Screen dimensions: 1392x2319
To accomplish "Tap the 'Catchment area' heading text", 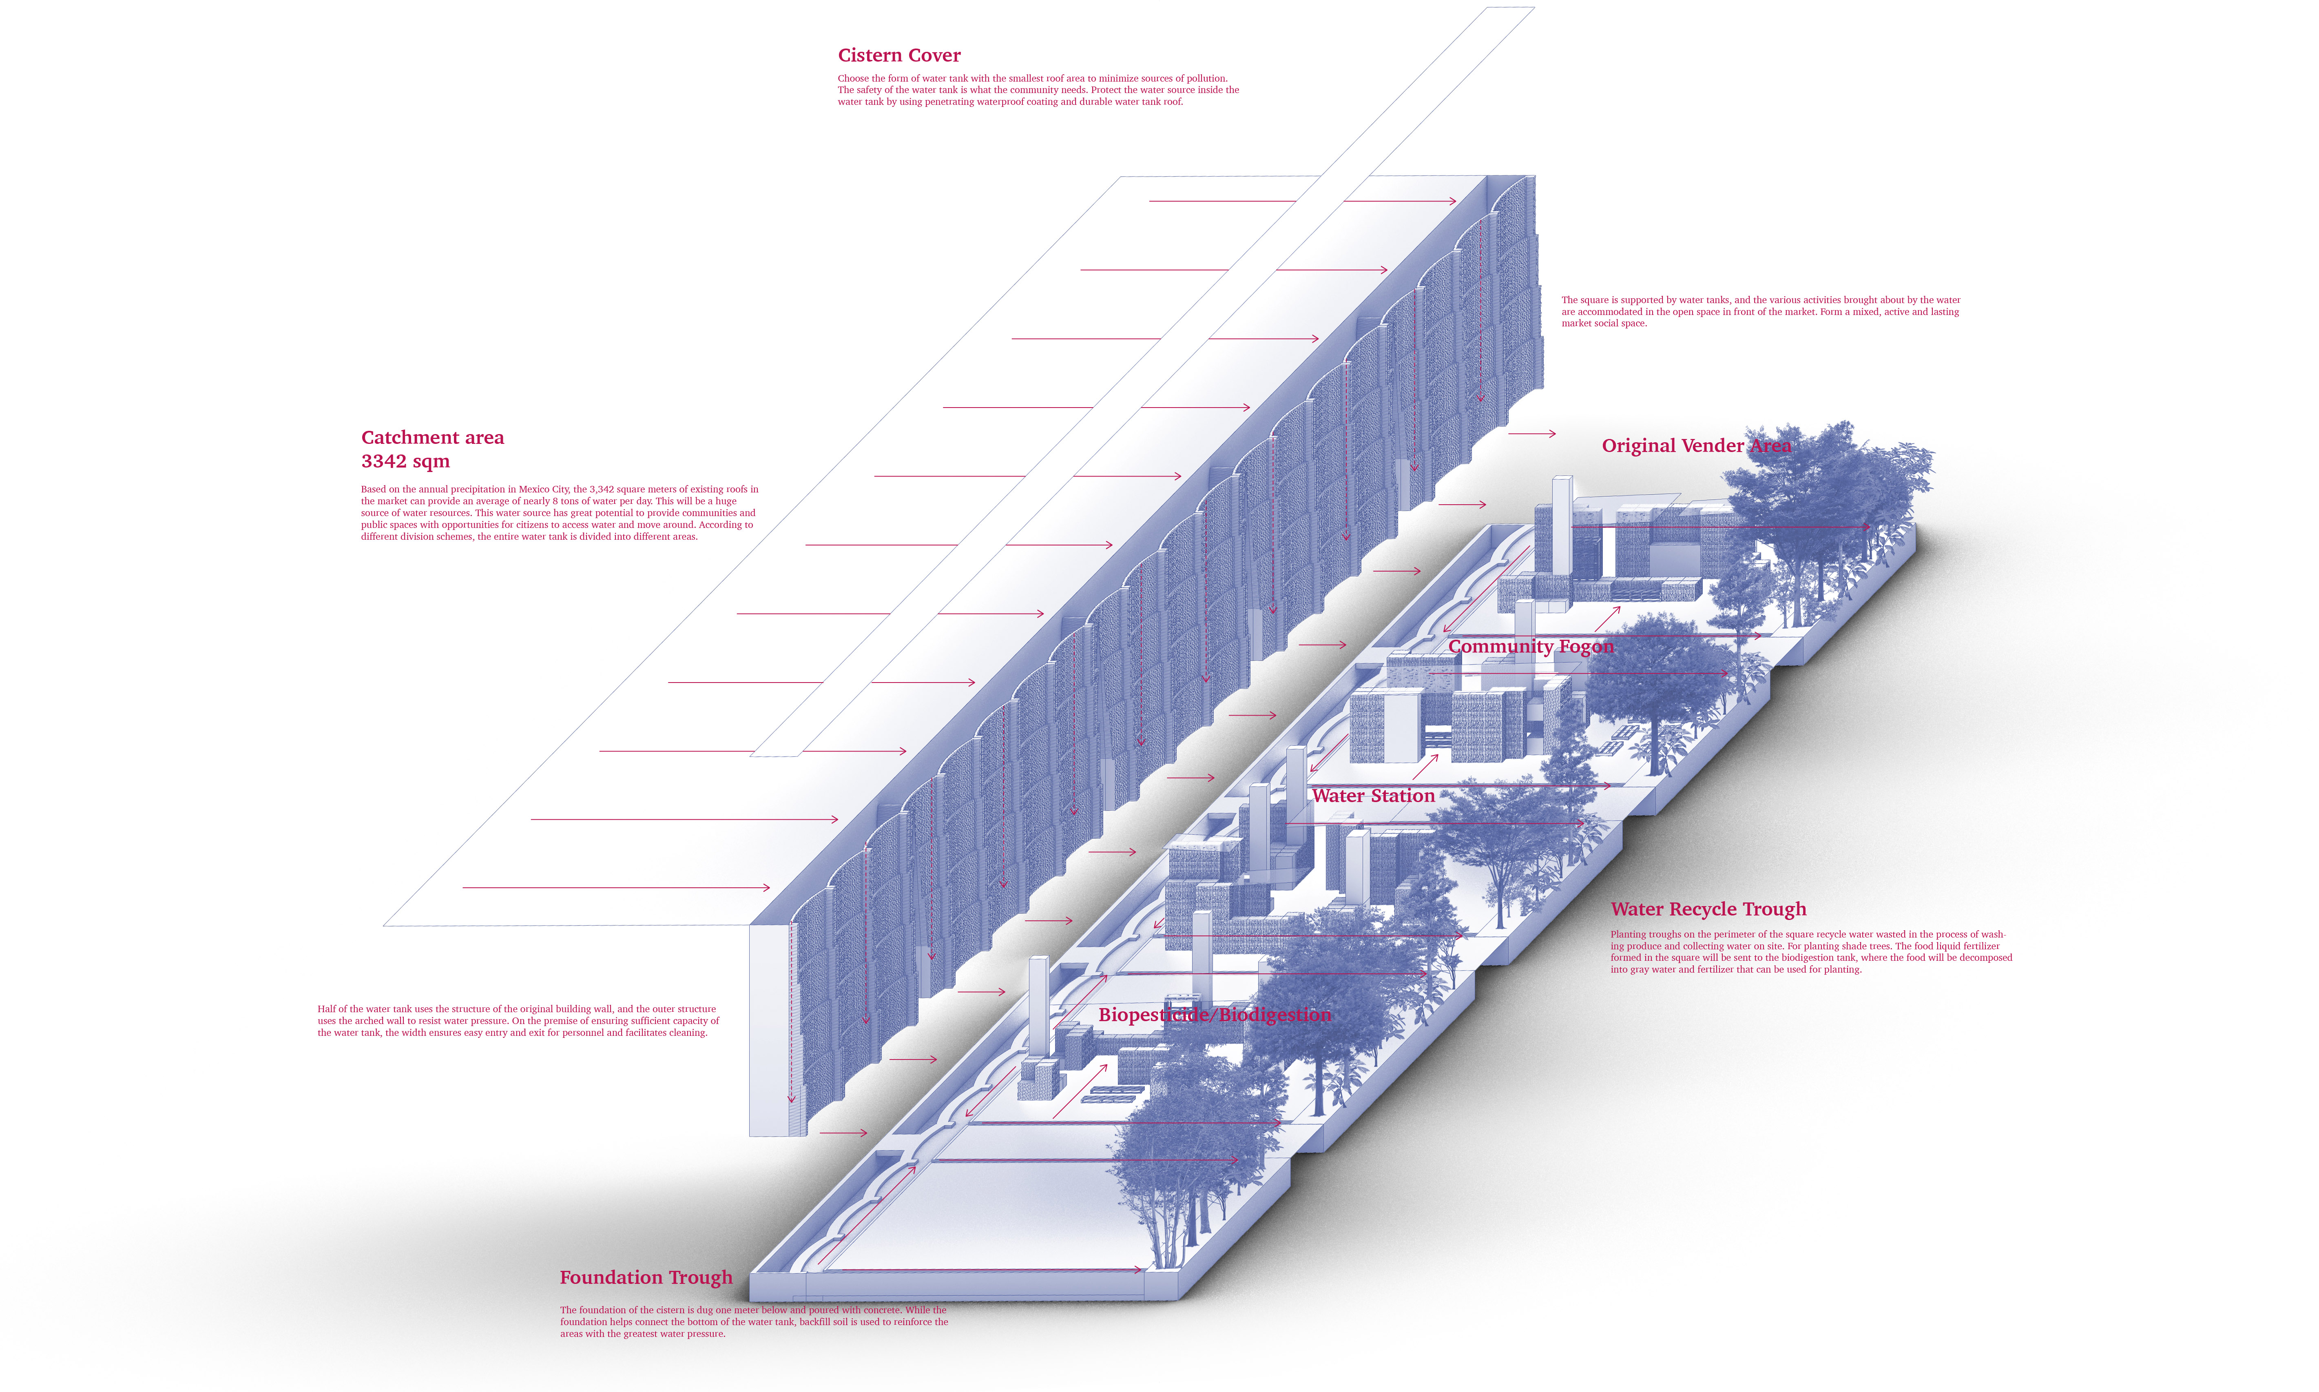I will [x=432, y=437].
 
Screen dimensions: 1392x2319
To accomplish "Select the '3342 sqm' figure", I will [x=405, y=461].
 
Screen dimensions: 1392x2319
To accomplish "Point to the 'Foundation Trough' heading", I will [x=646, y=1277].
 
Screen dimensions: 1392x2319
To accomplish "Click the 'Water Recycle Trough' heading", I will [x=1708, y=909].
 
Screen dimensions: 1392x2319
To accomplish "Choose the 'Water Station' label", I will [x=1373, y=796].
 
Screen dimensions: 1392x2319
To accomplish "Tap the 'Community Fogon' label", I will [x=1530, y=646].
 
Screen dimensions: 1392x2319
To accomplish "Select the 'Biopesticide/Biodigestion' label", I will [x=1215, y=1014].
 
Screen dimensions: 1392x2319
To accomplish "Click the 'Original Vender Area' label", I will [x=1695, y=446].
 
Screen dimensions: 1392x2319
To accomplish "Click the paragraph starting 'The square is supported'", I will [x=1760, y=311].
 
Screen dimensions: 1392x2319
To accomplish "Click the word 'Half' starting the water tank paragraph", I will [x=326, y=1009].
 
